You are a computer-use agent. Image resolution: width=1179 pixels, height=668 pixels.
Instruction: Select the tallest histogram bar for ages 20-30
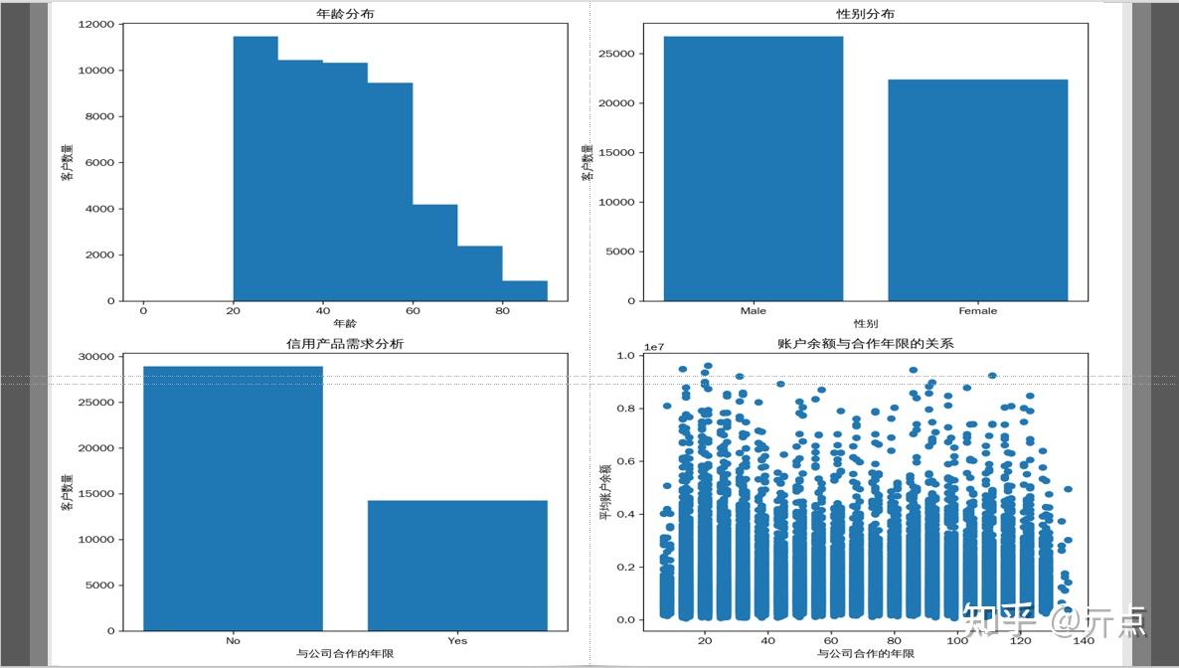255,169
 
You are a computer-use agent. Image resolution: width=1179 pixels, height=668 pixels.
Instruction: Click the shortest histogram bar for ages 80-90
524,290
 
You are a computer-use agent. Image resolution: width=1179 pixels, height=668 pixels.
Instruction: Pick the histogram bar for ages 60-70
434,253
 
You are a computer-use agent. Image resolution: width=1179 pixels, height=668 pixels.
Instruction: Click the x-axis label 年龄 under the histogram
345,324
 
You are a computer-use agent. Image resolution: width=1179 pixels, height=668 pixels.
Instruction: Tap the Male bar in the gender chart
754,169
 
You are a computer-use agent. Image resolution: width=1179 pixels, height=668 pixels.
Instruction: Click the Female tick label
977,311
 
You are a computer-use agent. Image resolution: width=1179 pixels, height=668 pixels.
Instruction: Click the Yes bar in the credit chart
457,566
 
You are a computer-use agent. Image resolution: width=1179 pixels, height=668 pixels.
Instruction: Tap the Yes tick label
457,641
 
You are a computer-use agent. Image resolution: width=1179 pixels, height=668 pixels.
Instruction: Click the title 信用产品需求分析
345,344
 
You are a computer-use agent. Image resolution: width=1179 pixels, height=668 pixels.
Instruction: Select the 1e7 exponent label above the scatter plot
654,348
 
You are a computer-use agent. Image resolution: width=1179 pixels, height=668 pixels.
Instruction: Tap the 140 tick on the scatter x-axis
1083,641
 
